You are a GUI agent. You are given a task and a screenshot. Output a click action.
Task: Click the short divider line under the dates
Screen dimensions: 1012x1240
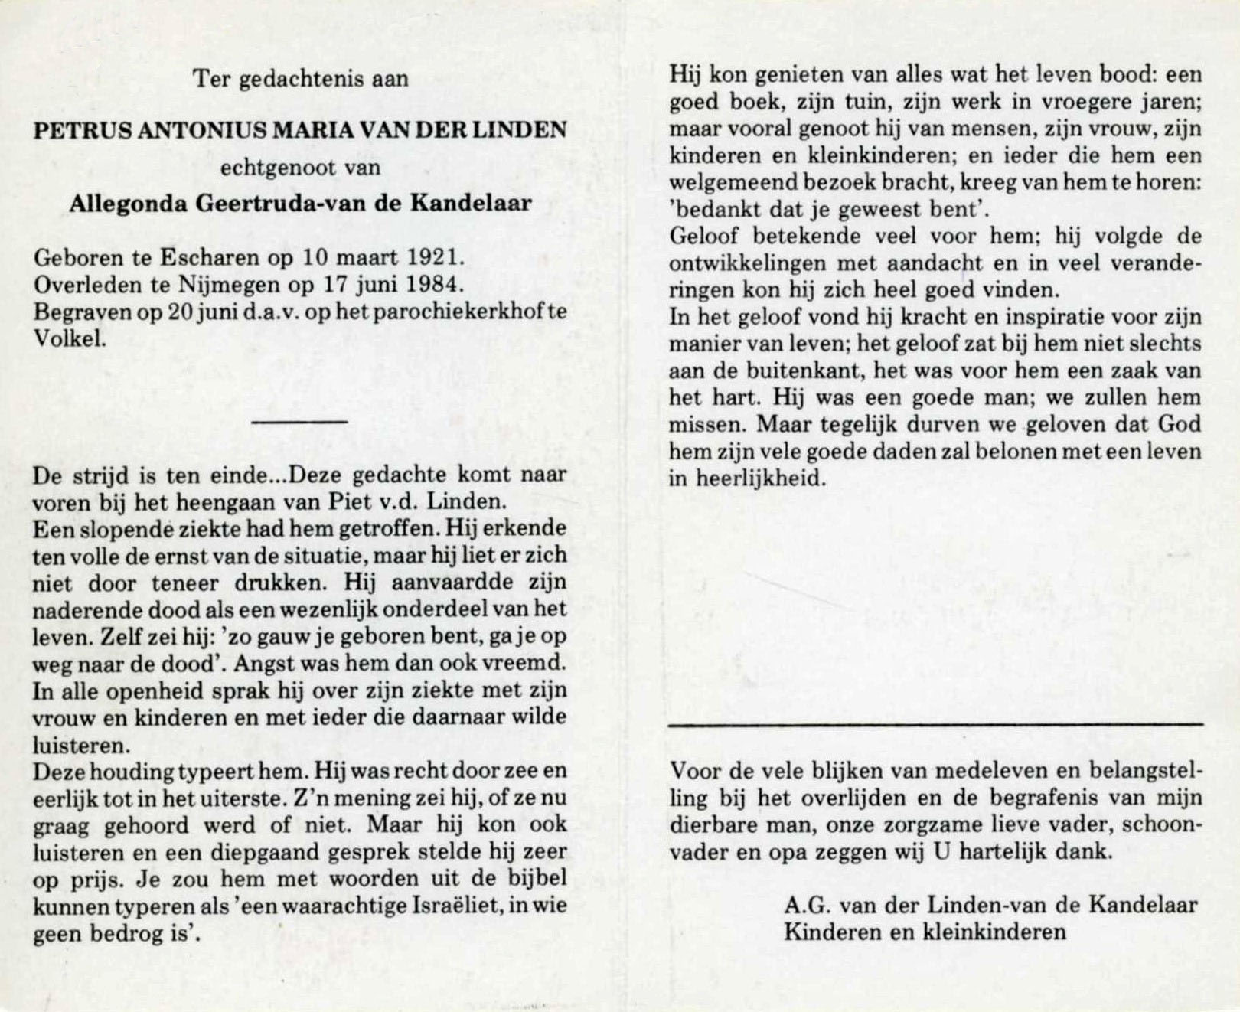[x=299, y=421]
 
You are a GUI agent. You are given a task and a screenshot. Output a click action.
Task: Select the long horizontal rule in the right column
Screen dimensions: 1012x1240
[x=935, y=723]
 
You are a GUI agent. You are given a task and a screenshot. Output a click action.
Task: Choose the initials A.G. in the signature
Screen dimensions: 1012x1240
[x=807, y=905]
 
